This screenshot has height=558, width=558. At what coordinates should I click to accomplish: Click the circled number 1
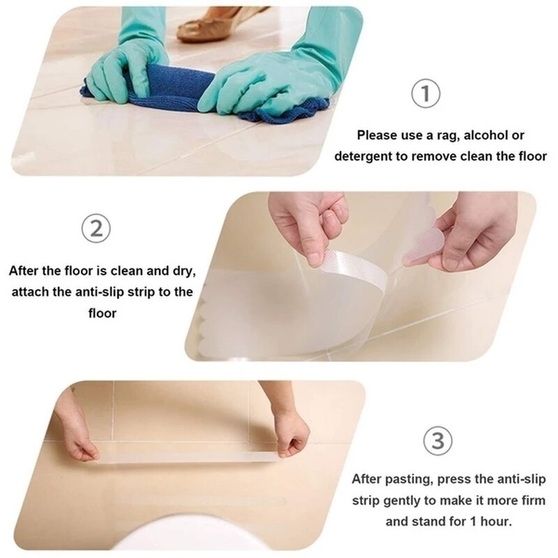click(x=425, y=94)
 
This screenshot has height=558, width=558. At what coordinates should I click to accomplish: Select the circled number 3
click(x=437, y=441)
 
